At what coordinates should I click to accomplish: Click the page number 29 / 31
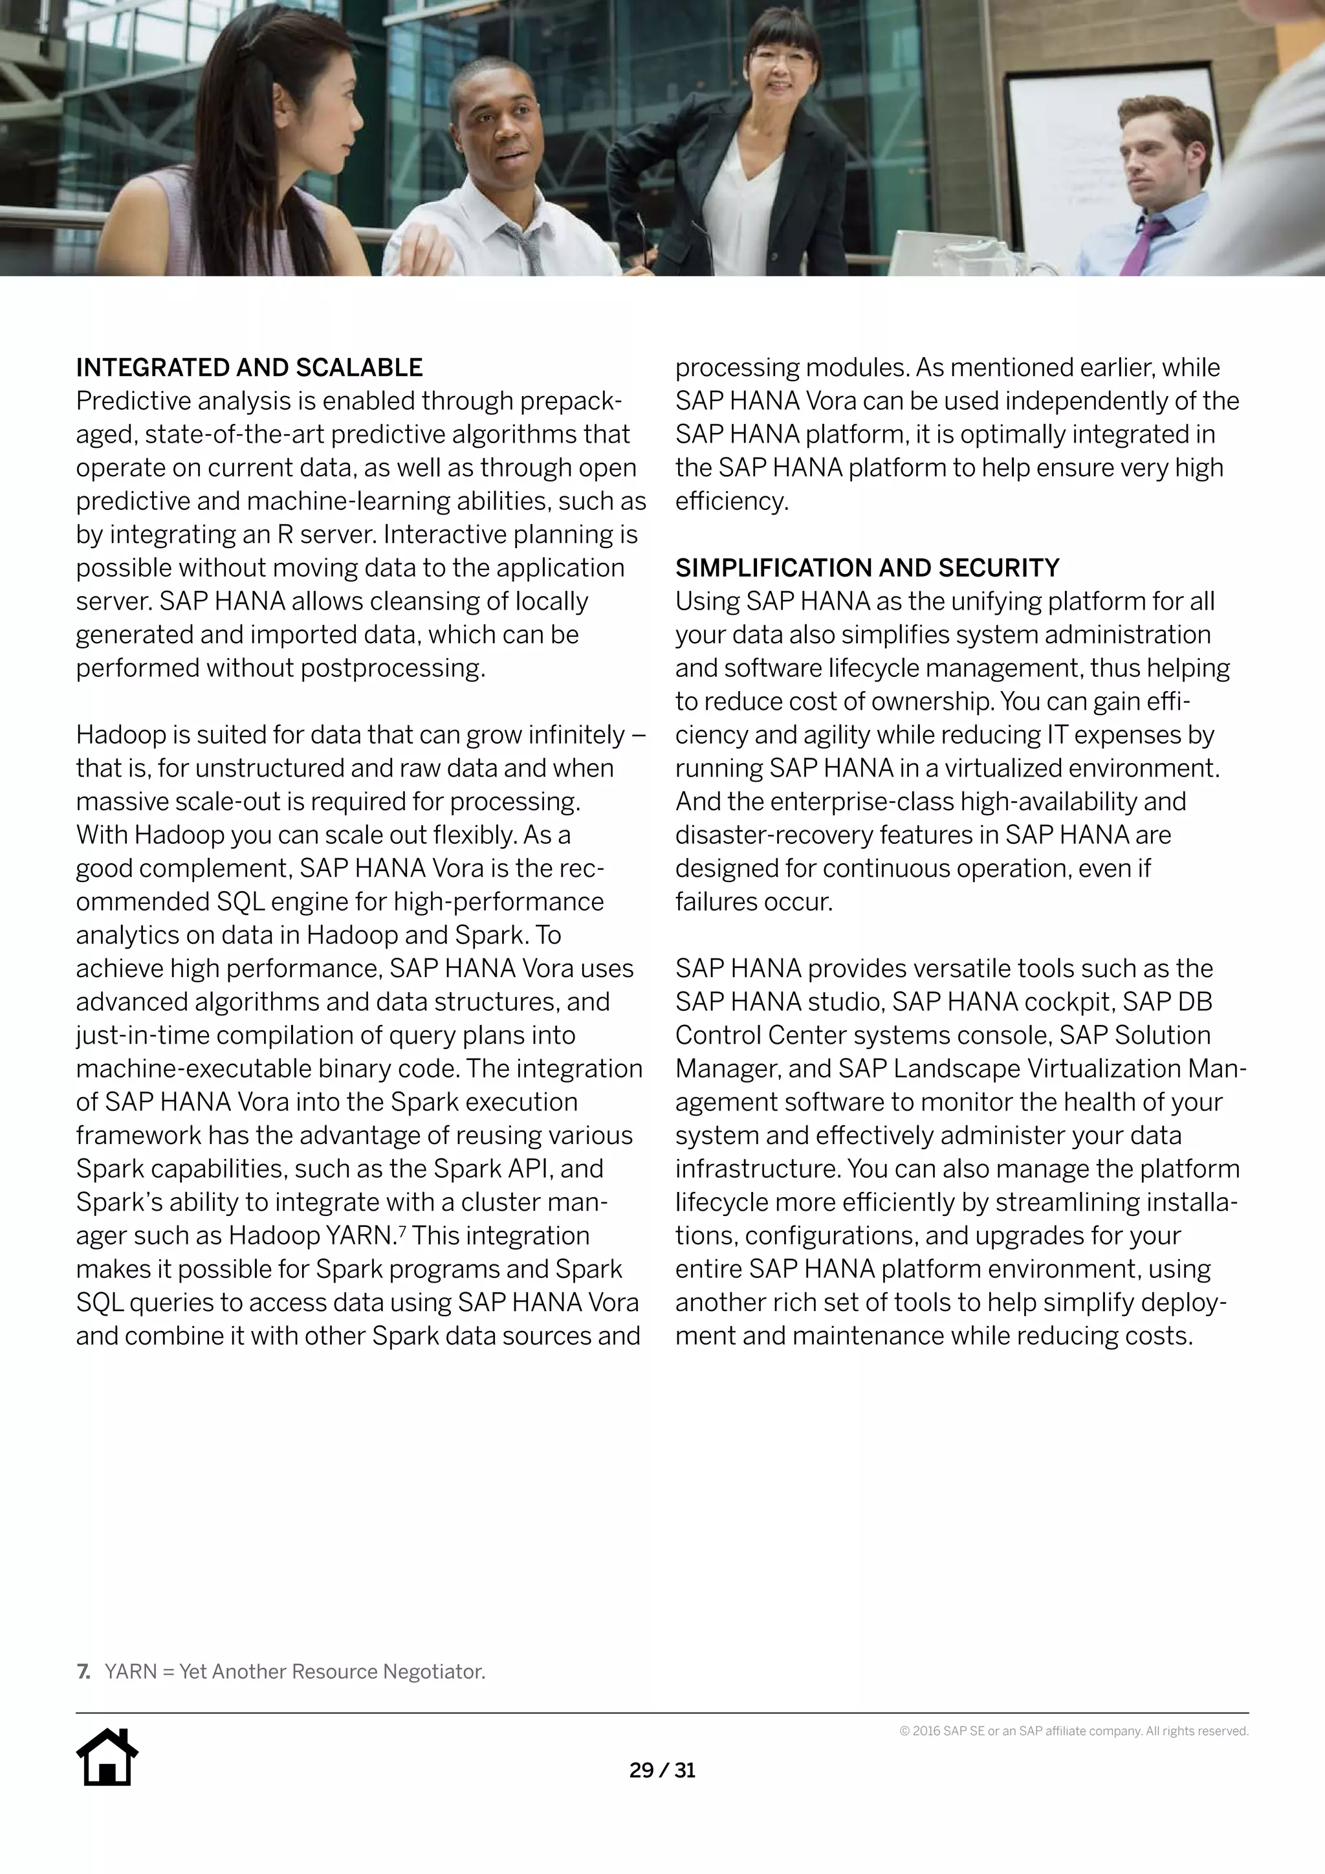point(662,1770)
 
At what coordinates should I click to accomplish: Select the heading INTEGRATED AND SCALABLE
point(249,368)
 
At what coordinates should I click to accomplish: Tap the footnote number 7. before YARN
point(83,1671)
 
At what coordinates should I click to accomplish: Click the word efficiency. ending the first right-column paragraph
point(732,501)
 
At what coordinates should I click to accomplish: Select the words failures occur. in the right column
point(753,902)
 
